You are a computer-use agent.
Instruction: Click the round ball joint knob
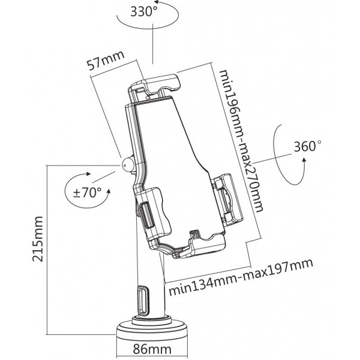[127, 164]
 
